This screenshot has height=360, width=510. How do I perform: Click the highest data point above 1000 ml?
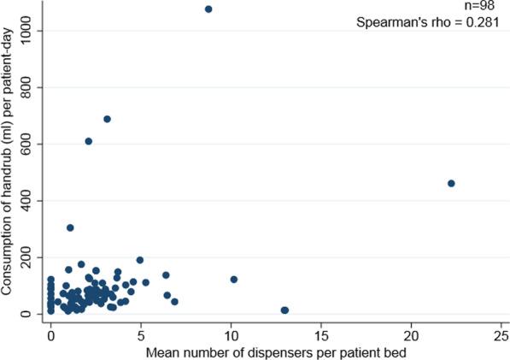[x=208, y=9]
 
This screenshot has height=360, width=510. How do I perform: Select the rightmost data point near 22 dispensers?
[x=451, y=183]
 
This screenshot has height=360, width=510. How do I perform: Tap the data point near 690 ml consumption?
[x=107, y=119]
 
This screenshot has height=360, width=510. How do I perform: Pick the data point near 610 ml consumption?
[x=89, y=141]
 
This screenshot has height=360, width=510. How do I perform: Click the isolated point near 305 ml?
[x=70, y=227]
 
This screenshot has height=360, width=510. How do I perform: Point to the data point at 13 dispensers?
[x=284, y=310]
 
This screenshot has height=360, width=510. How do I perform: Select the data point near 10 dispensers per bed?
[x=233, y=280]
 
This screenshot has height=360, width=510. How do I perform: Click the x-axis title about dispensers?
[x=274, y=351]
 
